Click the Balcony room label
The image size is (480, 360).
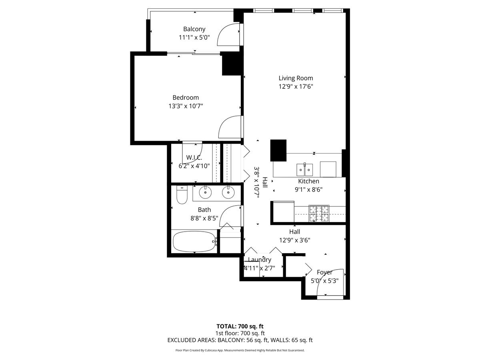pyautogui.click(x=194, y=29)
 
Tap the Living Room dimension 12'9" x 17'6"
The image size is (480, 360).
pyautogui.click(x=296, y=86)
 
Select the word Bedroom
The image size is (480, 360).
pyautogui.click(x=186, y=98)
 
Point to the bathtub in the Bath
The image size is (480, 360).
pyautogui.click(x=194, y=241)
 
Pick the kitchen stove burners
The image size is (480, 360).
pyautogui.click(x=319, y=213)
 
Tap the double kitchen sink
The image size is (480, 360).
pyautogui.click(x=305, y=169)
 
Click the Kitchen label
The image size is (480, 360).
pyautogui.click(x=308, y=181)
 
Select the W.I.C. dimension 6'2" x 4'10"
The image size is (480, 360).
pyautogui.click(x=194, y=166)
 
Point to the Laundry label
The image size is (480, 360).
pyautogui.click(x=260, y=260)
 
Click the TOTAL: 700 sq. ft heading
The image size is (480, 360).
pyautogui.click(x=240, y=326)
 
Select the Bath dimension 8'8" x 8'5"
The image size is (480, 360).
pyautogui.click(x=204, y=218)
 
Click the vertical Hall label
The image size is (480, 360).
pyautogui.click(x=265, y=182)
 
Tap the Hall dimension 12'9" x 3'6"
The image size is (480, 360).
pyautogui.click(x=294, y=240)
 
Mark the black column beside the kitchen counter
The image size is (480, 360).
pyautogui.click(x=278, y=150)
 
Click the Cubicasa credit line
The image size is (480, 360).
pyautogui.click(x=240, y=350)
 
